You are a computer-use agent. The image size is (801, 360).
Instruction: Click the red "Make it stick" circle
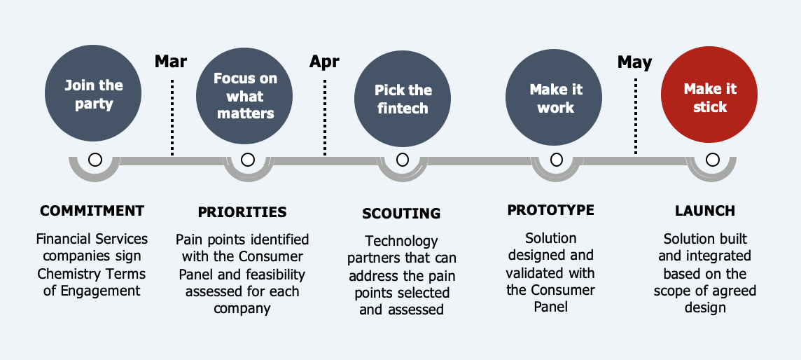[x=709, y=95]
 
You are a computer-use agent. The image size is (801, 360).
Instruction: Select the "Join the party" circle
[x=93, y=93]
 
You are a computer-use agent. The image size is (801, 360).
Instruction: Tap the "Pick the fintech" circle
[x=403, y=99]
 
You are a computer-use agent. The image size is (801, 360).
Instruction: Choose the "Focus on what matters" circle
[x=244, y=95]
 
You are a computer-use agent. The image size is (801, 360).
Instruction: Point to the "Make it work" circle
[x=554, y=97]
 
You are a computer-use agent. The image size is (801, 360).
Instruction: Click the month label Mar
[x=171, y=61]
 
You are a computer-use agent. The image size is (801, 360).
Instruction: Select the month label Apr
[x=324, y=62]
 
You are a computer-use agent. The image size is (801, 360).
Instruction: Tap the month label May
[x=634, y=62]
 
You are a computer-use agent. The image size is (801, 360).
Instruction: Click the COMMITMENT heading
[x=92, y=210]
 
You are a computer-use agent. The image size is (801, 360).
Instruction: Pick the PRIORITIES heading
[x=242, y=212]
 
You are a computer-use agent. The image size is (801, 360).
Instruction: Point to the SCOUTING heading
[x=401, y=214]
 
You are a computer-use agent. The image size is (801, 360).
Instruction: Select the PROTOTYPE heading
[x=550, y=210]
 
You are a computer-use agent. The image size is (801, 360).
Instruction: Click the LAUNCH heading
[x=705, y=210]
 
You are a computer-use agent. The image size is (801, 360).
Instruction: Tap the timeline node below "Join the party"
[x=95, y=160]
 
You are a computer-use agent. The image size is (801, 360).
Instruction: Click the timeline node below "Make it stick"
[x=712, y=160]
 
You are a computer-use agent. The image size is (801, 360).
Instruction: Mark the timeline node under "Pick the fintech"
[x=403, y=160]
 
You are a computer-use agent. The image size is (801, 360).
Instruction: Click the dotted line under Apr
[x=325, y=117]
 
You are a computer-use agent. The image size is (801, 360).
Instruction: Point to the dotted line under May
[x=636, y=116]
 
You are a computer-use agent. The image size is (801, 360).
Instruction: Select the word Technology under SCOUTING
[x=401, y=240]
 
